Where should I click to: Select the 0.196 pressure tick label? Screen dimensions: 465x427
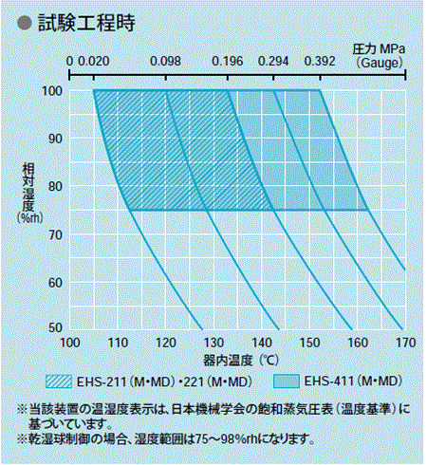[x=228, y=62]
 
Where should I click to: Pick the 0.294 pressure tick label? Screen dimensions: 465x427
[x=274, y=62]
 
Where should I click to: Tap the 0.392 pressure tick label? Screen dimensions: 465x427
[x=320, y=62]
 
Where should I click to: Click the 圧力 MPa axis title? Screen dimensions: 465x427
[x=380, y=47]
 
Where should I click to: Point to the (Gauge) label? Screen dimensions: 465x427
[x=381, y=62]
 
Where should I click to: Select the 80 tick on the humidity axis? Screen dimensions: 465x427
[x=56, y=185]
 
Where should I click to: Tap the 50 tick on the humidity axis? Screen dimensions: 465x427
[x=56, y=326]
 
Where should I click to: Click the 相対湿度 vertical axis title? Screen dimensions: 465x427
[x=29, y=190]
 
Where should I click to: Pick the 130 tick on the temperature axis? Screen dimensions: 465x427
[x=213, y=343]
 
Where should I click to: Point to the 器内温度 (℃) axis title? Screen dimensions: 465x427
[x=239, y=360]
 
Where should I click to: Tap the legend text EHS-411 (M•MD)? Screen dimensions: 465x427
[x=351, y=382]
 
